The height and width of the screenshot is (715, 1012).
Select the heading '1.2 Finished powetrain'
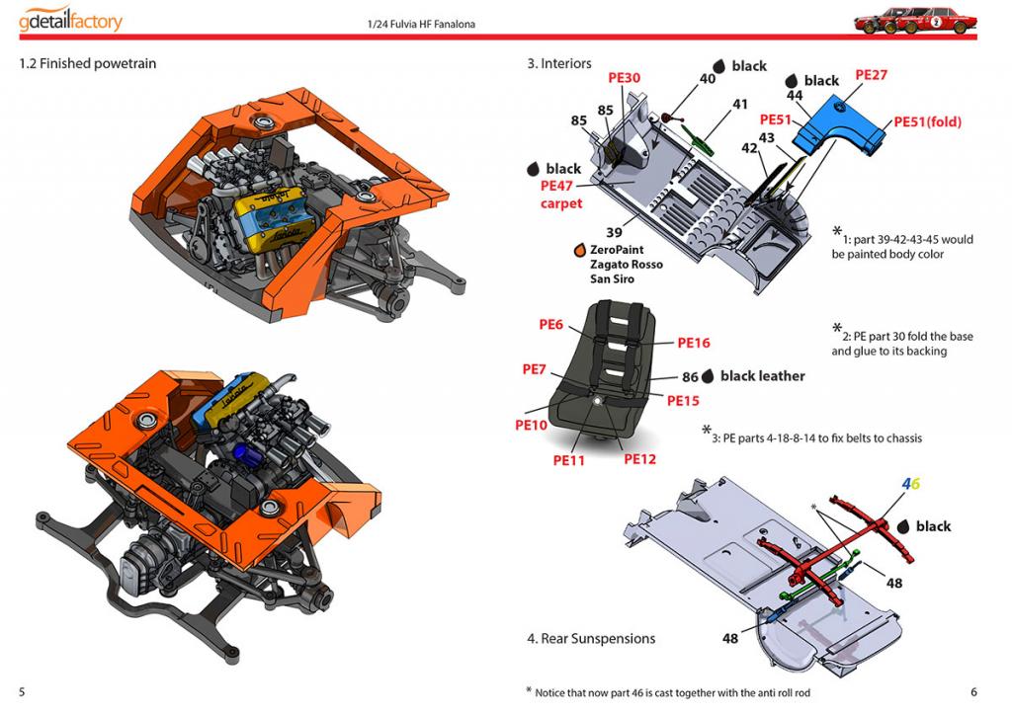(87, 64)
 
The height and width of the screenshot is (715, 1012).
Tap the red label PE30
(624, 78)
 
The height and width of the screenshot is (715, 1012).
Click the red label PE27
(871, 74)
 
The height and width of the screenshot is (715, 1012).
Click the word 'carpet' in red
(560, 203)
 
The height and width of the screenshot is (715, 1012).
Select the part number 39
(614, 232)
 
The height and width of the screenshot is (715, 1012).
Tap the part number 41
(740, 104)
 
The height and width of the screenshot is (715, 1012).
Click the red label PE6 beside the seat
(550, 324)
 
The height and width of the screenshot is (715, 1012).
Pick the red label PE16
(693, 343)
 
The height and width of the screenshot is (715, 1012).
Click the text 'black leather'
(762, 376)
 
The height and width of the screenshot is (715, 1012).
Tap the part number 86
(690, 377)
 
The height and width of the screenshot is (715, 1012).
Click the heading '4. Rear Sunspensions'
(590, 639)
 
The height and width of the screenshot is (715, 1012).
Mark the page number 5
(22, 692)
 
